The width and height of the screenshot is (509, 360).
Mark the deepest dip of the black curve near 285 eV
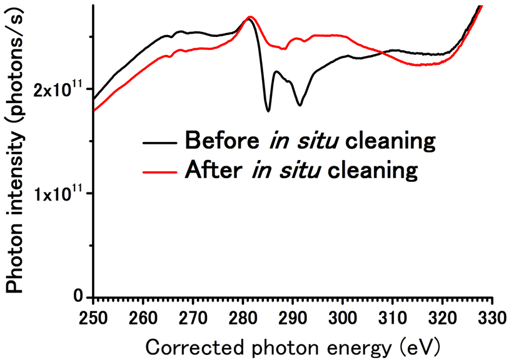[268, 111]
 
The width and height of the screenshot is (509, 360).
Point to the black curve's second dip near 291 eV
[300, 105]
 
